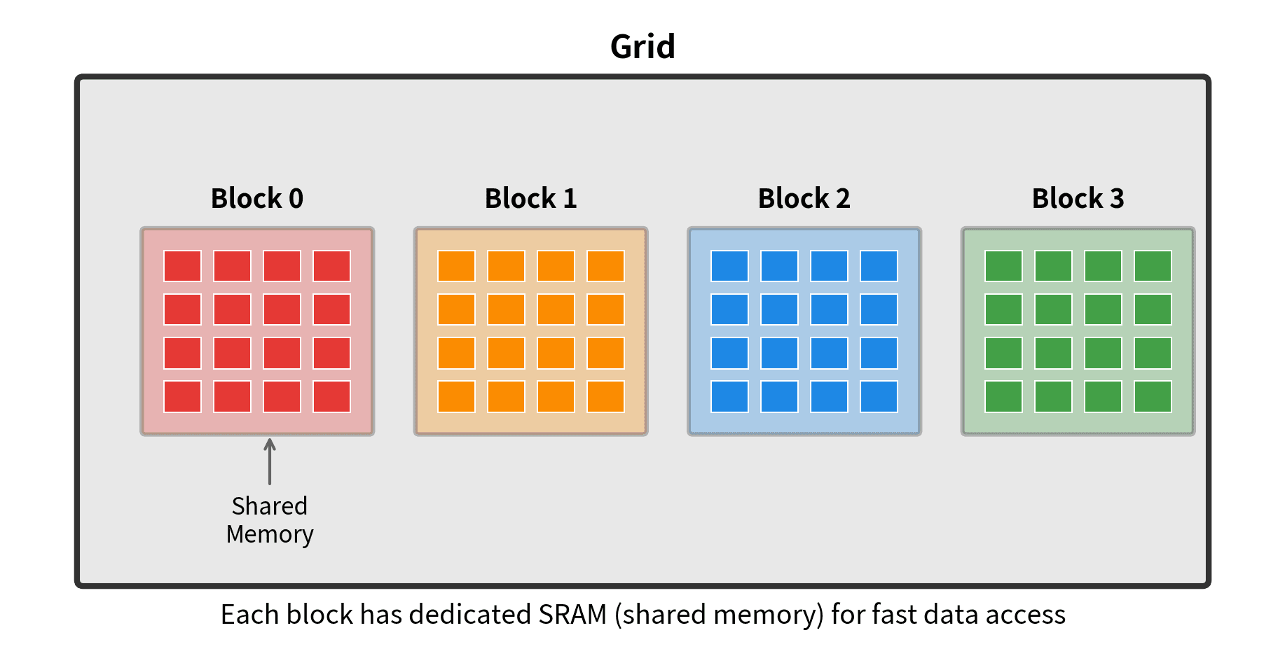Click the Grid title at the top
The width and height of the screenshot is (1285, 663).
point(642,47)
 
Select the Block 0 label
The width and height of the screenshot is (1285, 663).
point(257,199)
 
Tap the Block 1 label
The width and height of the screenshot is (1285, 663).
point(530,199)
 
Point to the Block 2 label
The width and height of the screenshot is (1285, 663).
point(804,199)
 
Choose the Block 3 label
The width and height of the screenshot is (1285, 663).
point(1078,199)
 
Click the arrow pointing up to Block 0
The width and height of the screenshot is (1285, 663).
point(270,461)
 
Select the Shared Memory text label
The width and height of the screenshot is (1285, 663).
point(270,520)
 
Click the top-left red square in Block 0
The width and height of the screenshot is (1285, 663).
point(182,266)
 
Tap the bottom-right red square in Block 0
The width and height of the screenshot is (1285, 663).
point(331,397)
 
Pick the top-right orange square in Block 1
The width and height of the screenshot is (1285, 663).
point(605,266)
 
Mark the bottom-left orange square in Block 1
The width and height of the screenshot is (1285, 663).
point(456,397)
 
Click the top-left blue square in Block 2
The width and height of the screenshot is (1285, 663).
point(729,266)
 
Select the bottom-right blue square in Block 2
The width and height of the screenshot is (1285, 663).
point(879,397)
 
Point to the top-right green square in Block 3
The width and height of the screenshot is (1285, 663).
point(1153,266)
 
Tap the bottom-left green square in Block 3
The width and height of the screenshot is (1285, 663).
point(1003,397)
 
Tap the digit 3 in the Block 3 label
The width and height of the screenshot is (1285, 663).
point(1117,199)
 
